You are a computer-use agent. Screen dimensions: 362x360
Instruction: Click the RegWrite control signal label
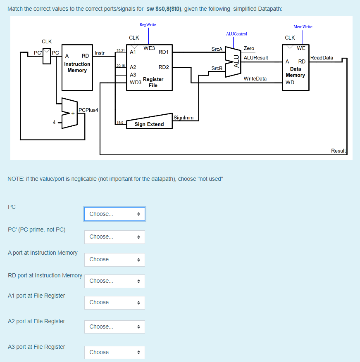(148, 25)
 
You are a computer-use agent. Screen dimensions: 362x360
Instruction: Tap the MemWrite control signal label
(303, 27)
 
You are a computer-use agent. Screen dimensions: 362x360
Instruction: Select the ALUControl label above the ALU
(236, 34)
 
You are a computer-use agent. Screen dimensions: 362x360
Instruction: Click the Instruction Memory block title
(77, 67)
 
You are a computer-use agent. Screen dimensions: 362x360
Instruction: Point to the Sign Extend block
(149, 124)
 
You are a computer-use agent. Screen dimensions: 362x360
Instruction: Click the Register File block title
(153, 82)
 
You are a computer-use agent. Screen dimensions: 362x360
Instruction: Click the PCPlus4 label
(88, 110)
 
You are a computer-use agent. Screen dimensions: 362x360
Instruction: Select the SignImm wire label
(184, 118)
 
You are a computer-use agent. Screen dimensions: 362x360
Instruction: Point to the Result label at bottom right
(338, 151)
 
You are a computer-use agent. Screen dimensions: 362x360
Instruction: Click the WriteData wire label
(255, 78)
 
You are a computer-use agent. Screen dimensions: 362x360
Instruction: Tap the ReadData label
(322, 58)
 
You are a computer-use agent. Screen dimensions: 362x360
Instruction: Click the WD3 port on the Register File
(135, 83)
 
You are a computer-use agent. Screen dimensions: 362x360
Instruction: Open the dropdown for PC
(114, 214)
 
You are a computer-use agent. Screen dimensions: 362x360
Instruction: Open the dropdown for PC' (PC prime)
(114, 237)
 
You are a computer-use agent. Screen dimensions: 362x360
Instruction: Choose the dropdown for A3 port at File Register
(114, 352)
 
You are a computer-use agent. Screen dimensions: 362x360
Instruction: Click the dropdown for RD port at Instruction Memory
(114, 281)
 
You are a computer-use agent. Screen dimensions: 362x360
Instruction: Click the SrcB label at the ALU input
(217, 68)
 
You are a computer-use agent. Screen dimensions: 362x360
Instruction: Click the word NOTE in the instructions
(16, 179)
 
